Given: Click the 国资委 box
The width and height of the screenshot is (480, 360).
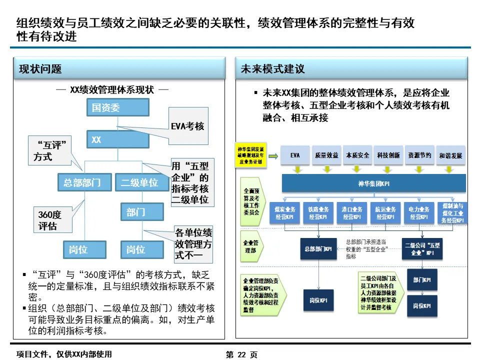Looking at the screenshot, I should coord(117,107).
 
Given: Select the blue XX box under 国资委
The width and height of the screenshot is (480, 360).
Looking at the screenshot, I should coord(117,139).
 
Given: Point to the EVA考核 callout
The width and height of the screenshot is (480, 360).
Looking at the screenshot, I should coord(187,125).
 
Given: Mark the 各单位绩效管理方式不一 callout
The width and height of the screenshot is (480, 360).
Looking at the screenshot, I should coord(193,244).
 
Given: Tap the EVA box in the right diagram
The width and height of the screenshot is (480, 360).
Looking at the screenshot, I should coord(295,155).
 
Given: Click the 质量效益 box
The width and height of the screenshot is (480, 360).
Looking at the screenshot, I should coord(326,155).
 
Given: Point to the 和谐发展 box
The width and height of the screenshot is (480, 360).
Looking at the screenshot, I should coord(450,155).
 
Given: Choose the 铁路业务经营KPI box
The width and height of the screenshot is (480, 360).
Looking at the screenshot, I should coord(318,213).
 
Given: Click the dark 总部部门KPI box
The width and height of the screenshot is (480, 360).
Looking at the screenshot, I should coord(318,248).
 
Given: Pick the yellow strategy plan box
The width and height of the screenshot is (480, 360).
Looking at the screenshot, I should coord(251,154).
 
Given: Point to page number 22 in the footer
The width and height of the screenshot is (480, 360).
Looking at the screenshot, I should coord(242,354).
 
